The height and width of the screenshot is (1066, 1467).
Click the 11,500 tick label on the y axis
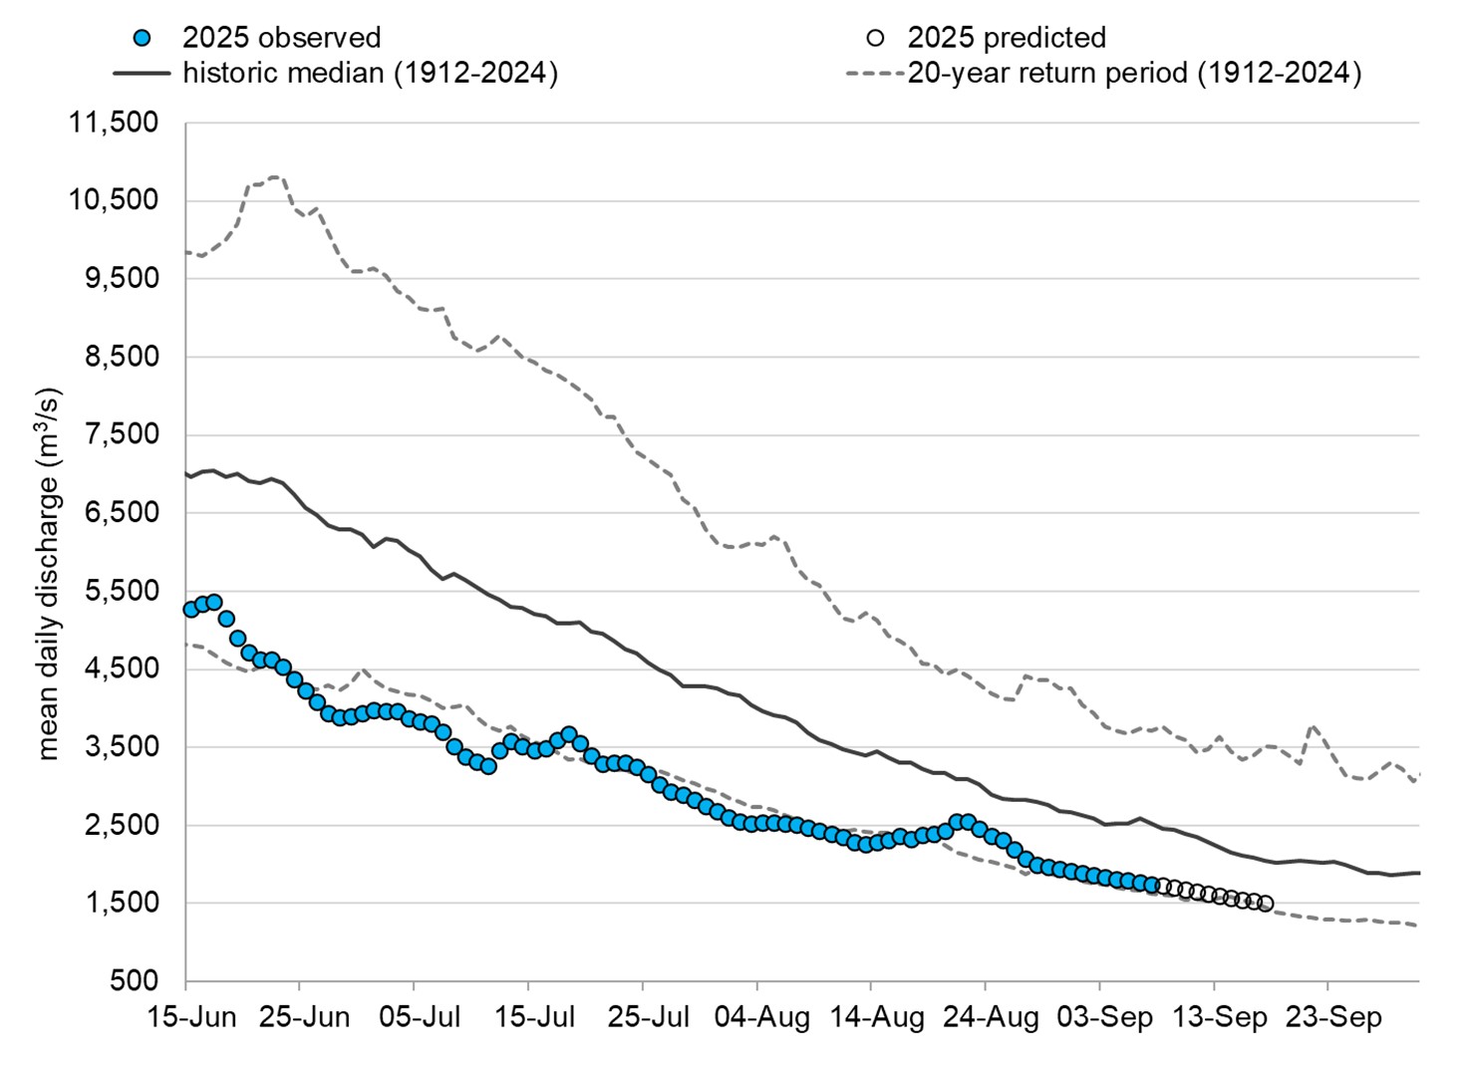[113, 123]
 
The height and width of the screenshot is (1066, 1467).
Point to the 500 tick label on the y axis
[135, 981]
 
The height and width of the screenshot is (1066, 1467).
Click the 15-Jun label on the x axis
[191, 1017]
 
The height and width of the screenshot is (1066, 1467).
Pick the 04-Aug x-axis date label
[762, 1017]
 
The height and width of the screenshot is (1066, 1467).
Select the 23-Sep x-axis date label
[1333, 1017]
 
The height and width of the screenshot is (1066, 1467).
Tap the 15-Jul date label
[534, 1017]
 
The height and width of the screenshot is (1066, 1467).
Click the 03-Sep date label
[1104, 1017]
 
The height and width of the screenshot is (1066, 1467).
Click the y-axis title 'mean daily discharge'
[48, 574]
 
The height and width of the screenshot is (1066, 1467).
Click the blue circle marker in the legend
[142, 38]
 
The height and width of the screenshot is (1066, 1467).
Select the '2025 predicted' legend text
[1006, 38]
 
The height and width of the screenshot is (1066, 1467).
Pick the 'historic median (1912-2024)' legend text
[370, 74]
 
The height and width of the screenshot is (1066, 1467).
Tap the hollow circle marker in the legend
[875, 38]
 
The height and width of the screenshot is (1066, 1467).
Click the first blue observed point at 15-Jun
[191, 610]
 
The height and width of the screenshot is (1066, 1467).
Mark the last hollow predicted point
[1266, 904]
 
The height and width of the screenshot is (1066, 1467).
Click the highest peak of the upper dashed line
[275, 177]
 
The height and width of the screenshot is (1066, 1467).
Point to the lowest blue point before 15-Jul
[487, 767]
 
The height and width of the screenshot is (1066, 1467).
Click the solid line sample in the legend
[142, 74]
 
